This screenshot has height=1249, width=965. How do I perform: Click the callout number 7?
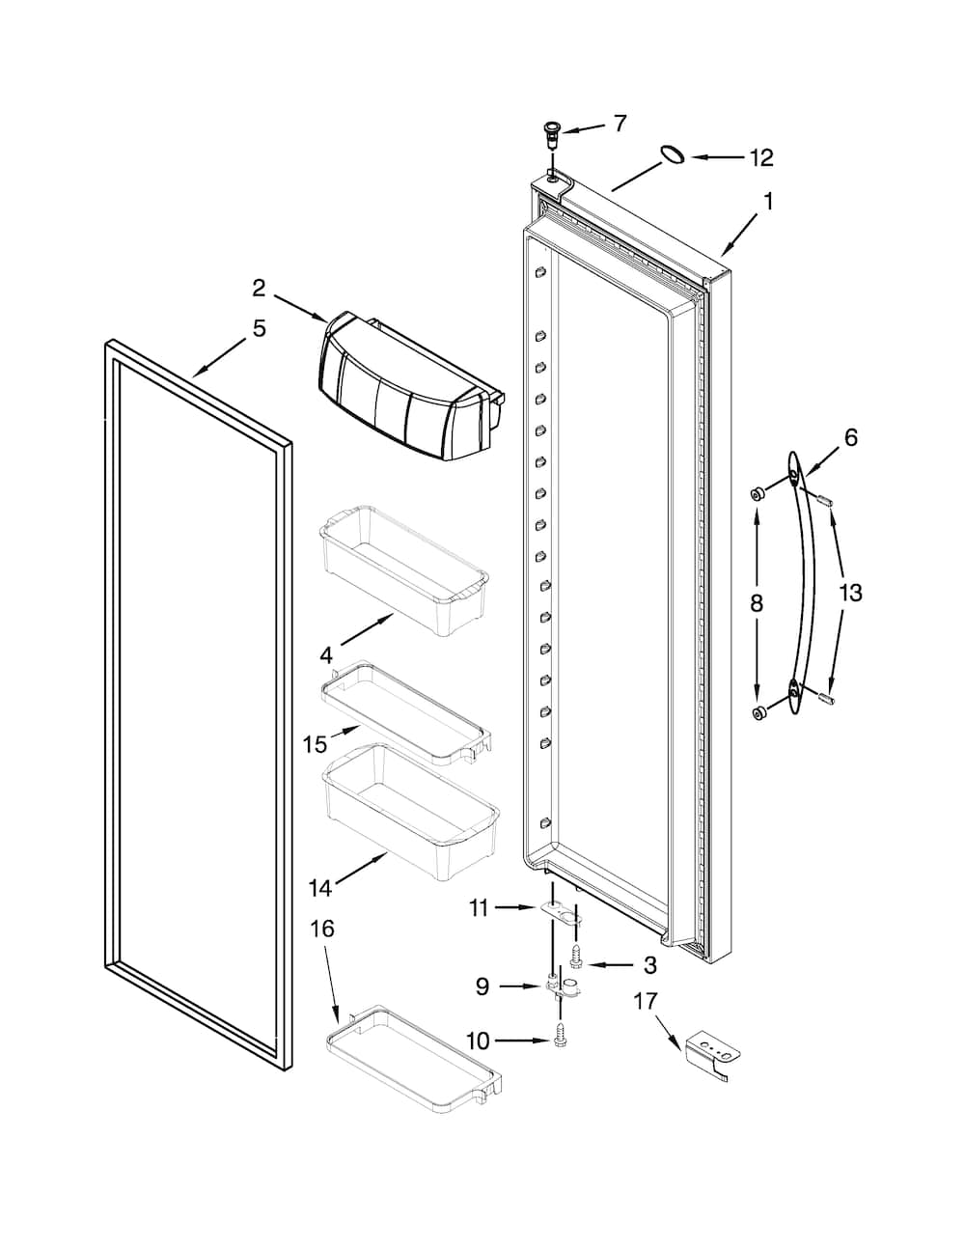click(620, 123)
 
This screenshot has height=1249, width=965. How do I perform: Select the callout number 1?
click(768, 202)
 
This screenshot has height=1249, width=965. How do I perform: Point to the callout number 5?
click(259, 328)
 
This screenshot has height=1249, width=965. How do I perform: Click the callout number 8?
click(757, 603)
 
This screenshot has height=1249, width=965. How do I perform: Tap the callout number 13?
click(850, 593)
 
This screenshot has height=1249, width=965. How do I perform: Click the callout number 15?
click(315, 744)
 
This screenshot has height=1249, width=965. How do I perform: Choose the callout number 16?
click(322, 929)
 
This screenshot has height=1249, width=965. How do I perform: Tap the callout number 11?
click(480, 906)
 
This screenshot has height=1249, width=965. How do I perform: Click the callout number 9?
click(482, 985)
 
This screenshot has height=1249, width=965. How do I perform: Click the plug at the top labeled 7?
click(553, 131)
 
